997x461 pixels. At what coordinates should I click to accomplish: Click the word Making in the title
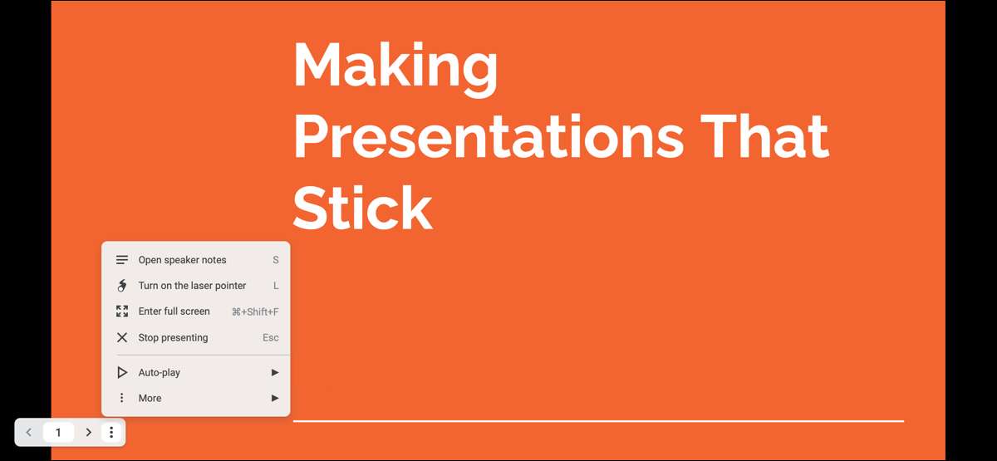(x=395, y=67)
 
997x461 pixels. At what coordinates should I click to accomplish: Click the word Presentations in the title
(x=489, y=135)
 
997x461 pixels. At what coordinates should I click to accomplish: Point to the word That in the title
(x=764, y=135)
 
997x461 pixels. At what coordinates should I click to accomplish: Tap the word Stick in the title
(x=363, y=207)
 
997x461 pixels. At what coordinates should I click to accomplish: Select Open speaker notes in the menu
(x=182, y=260)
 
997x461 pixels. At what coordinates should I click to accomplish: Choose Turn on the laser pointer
(x=192, y=286)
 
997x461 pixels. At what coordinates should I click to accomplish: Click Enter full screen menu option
(x=174, y=311)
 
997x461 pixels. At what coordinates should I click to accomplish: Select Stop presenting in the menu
(x=173, y=338)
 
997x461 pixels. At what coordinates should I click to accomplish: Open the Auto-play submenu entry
(x=159, y=372)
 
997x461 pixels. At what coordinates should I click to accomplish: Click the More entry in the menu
(x=150, y=398)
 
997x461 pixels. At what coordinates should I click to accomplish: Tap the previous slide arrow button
(x=29, y=432)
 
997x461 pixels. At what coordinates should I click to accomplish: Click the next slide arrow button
(x=89, y=432)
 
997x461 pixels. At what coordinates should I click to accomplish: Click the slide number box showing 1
(x=58, y=432)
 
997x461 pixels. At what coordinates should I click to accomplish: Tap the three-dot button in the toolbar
(x=111, y=432)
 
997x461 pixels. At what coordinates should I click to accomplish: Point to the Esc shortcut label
(x=270, y=338)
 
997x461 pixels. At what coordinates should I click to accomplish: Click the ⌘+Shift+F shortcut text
(x=255, y=312)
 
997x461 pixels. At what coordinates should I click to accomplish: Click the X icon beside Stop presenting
(x=122, y=338)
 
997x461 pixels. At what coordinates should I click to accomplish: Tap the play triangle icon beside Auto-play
(x=121, y=372)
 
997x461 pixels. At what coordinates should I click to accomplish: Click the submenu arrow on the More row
(x=275, y=398)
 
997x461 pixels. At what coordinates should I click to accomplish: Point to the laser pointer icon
(x=121, y=286)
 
